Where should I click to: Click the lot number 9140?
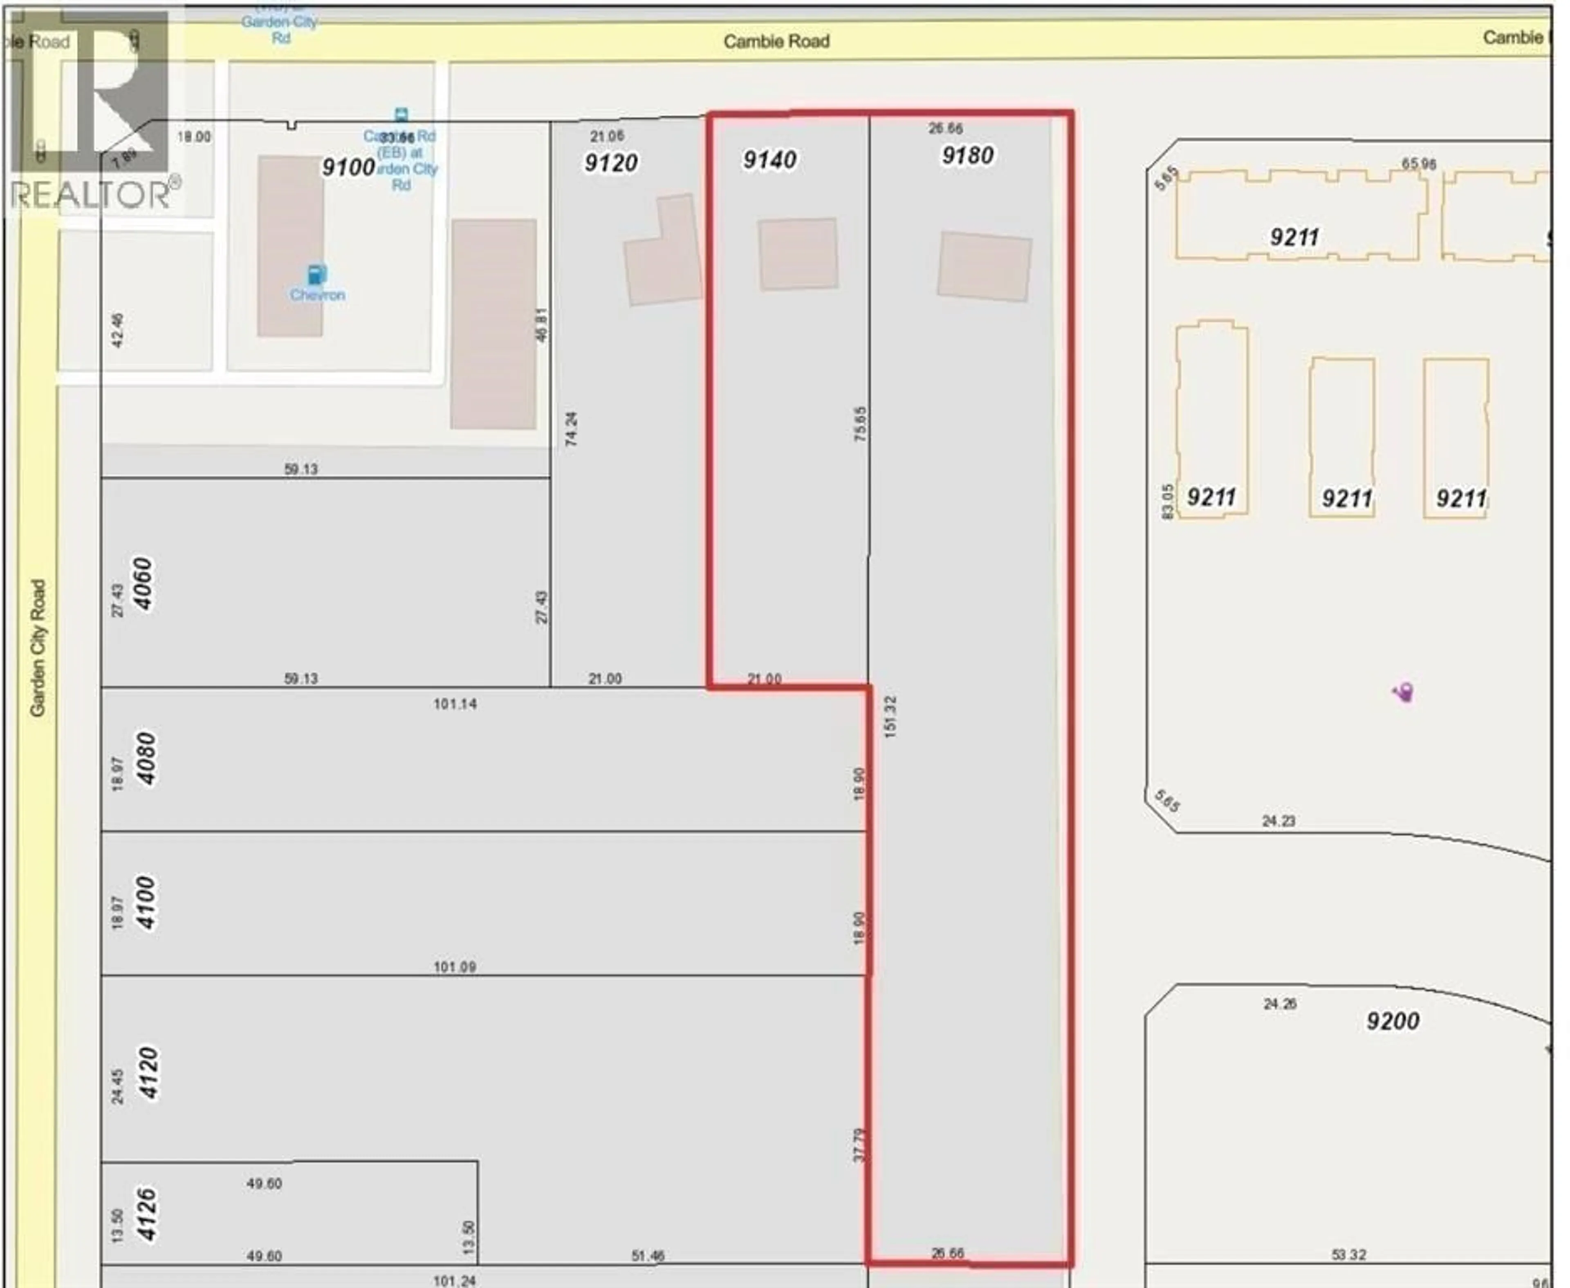769,159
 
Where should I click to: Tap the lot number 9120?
611,163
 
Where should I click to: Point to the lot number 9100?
347,167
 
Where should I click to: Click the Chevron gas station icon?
317,275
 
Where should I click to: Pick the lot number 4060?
143,584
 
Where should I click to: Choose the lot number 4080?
146,758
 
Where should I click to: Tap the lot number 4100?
146,903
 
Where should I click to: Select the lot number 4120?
148,1073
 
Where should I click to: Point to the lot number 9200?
1393,1021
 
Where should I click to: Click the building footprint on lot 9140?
798,254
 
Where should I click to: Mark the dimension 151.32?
890,716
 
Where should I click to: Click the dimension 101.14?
455,703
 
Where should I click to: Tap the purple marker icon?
1403,692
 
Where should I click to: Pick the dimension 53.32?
1348,1254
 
